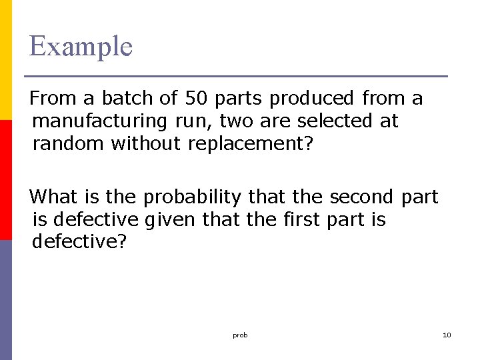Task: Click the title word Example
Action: (81, 47)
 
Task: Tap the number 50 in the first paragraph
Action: (196, 99)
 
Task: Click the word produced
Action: (311, 99)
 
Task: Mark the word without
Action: (147, 144)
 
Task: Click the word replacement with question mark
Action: (251, 144)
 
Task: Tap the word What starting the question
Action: (54, 197)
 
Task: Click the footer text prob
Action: (240, 335)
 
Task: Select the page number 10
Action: (447, 335)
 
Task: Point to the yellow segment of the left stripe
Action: (6, 60)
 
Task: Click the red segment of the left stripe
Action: (6, 180)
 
